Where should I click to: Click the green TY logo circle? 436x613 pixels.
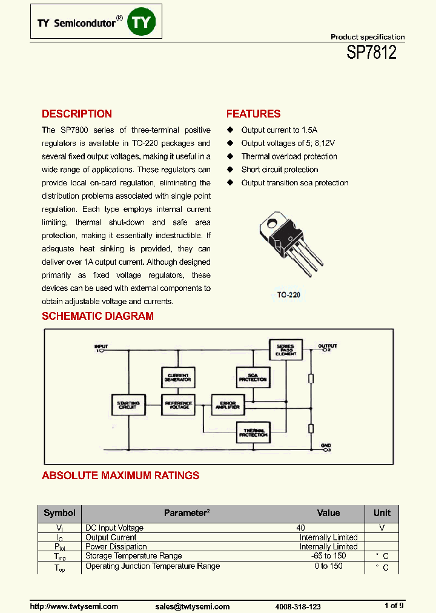tap(144, 23)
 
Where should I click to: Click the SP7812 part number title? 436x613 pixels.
tap(371, 52)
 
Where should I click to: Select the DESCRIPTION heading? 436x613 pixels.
tap(76, 114)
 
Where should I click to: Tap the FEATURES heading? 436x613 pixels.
tap(253, 114)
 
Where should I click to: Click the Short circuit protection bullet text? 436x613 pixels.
tap(279, 170)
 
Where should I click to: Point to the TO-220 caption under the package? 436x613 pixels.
tap(289, 296)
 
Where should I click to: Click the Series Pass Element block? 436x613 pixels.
tap(285, 350)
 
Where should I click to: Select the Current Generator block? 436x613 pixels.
tap(177, 377)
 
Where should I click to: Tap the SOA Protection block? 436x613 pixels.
tap(253, 377)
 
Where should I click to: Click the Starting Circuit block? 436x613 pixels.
tap(128, 405)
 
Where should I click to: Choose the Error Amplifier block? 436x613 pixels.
tap(226, 405)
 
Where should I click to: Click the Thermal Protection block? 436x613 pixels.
tap(253, 432)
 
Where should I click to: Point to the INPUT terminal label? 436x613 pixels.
tap(101, 346)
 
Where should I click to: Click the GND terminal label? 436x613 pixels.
tap(325, 445)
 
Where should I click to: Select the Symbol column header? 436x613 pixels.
tap(59, 513)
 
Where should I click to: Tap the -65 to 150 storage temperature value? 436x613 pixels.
tap(328, 556)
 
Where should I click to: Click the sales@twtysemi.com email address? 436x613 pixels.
tap(193, 606)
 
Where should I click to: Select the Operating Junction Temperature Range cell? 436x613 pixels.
tap(153, 566)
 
